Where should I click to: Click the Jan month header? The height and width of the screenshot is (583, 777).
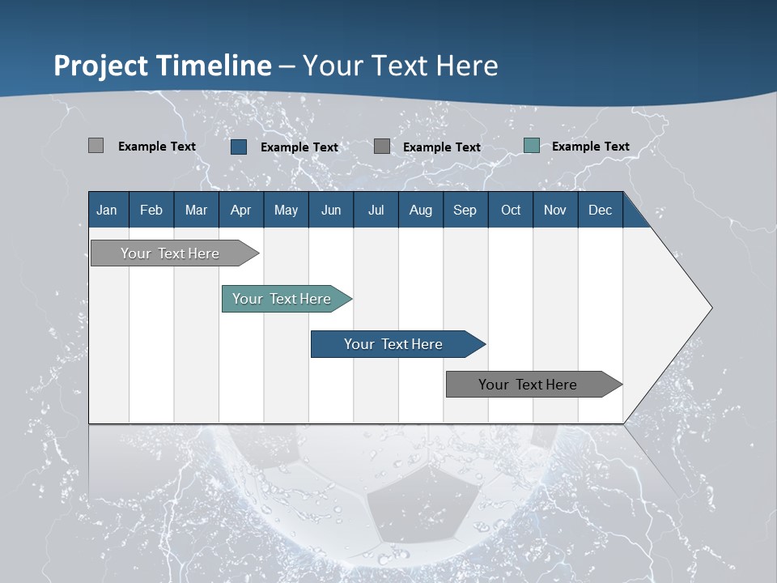(x=107, y=211)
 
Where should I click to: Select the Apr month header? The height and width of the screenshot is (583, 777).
(x=240, y=211)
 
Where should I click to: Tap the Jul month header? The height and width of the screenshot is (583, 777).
(x=376, y=211)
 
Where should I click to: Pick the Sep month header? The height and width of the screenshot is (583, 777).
(x=465, y=211)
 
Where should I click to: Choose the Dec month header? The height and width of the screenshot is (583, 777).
(x=600, y=211)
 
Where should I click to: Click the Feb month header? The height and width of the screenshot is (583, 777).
(x=151, y=211)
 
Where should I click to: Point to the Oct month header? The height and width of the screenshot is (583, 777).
(x=511, y=211)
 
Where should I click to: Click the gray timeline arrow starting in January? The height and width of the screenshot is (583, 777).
(x=170, y=253)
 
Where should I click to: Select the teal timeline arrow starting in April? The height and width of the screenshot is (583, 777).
(x=282, y=299)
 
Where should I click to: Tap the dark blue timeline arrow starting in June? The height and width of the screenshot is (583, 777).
(x=393, y=344)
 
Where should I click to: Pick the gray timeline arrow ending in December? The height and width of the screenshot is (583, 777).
(x=528, y=385)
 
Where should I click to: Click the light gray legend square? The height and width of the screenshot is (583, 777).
(x=96, y=146)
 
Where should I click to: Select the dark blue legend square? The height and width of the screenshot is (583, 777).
(x=239, y=147)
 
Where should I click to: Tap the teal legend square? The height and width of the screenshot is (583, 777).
(x=532, y=146)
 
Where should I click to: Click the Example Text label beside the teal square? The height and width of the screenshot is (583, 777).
(x=590, y=147)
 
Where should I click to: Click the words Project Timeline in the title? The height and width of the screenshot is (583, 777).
(x=162, y=66)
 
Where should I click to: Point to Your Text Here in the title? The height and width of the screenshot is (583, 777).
(x=401, y=66)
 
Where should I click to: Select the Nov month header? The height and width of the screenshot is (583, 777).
(x=554, y=211)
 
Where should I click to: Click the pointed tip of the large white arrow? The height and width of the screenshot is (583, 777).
(x=710, y=308)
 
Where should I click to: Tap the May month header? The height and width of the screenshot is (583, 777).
(x=286, y=211)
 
